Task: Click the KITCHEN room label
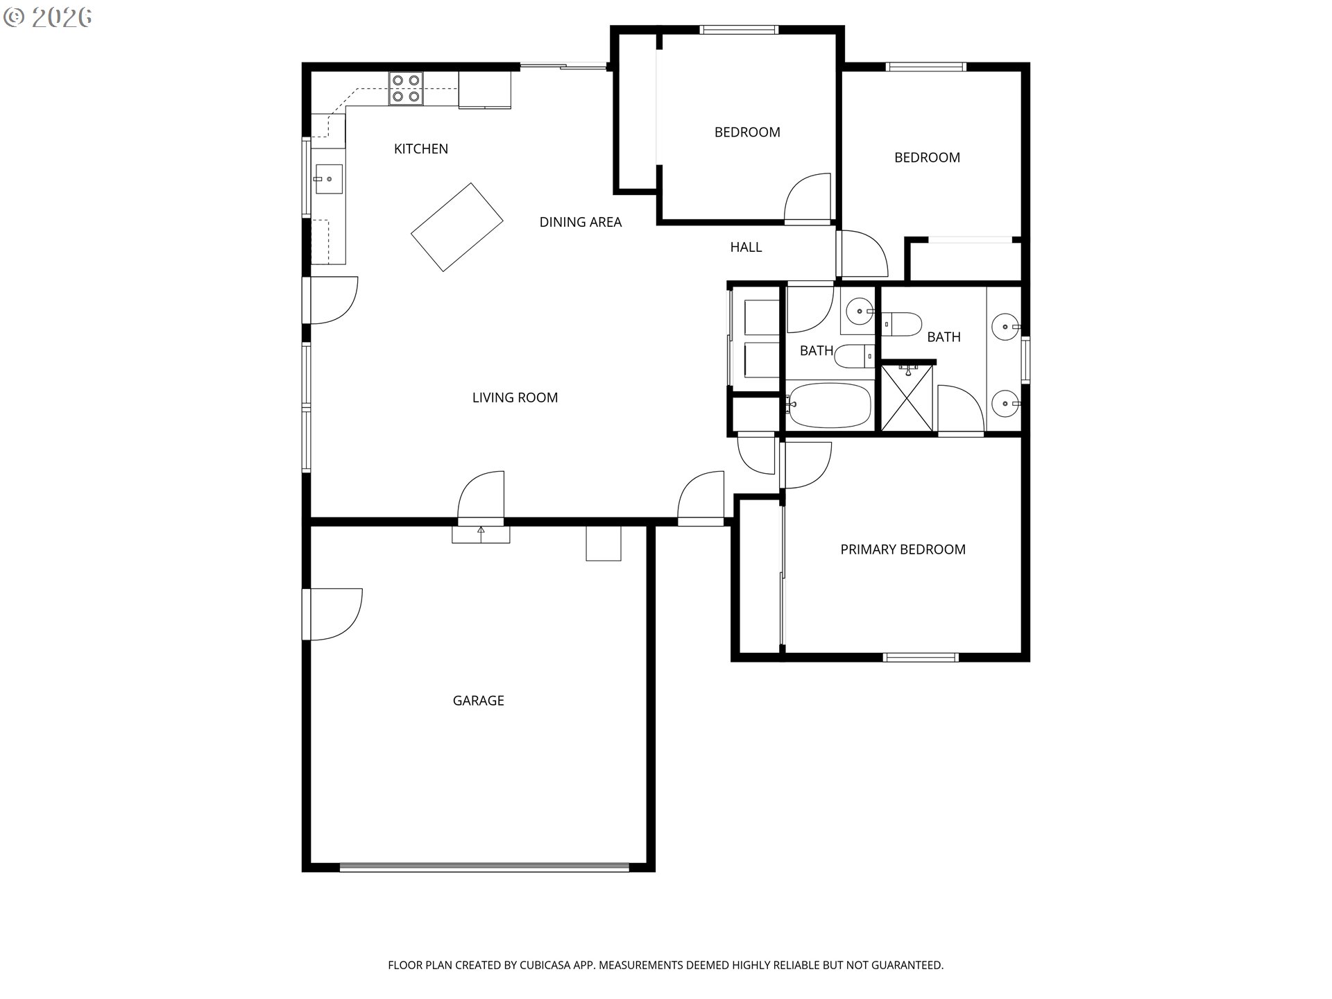(x=420, y=148)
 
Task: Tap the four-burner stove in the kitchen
(x=406, y=89)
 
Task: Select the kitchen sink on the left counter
(x=329, y=179)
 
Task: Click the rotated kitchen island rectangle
(x=456, y=226)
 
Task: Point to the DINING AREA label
(x=580, y=222)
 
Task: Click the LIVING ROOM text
(x=515, y=398)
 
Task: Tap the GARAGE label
(x=478, y=701)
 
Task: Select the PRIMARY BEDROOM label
(x=903, y=549)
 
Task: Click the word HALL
(x=746, y=247)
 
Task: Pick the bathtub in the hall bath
(x=829, y=405)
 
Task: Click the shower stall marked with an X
(x=907, y=398)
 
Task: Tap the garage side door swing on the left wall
(x=333, y=614)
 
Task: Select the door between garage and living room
(x=481, y=497)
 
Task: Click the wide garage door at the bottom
(x=484, y=867)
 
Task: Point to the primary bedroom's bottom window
(x=921, y=657)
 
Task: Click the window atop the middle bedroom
(x=739, y=30)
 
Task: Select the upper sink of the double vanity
(x=1003, y=326)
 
